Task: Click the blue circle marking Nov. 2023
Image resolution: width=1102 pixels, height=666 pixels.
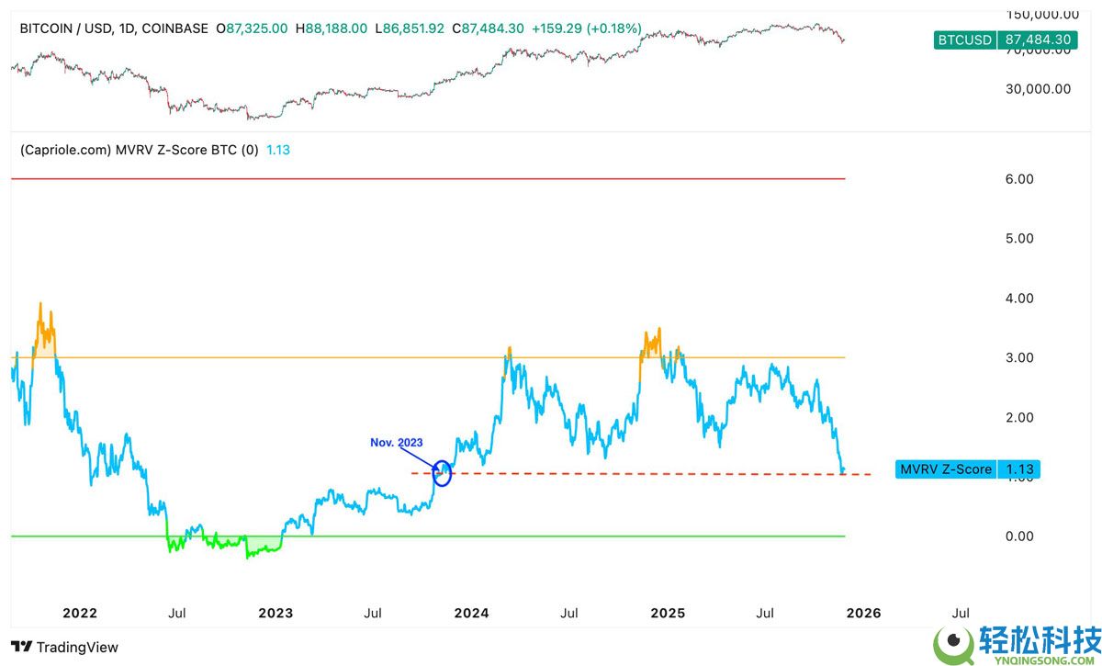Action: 443,472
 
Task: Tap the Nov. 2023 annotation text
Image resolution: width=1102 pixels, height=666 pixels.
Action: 397,443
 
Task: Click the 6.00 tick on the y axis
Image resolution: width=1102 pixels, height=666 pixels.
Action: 1018,179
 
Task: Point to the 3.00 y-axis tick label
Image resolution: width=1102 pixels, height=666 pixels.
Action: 1018,357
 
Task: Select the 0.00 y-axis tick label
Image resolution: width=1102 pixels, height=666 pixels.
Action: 1018,536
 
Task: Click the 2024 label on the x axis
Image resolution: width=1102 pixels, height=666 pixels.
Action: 471,613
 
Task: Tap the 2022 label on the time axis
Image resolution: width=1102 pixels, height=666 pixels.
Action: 80,613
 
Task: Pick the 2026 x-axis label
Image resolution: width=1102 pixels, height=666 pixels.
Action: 863,613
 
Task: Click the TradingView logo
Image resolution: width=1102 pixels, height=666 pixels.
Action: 64,647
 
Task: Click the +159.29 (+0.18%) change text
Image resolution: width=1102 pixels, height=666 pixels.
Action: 587,28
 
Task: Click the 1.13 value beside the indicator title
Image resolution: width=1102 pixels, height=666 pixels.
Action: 278,149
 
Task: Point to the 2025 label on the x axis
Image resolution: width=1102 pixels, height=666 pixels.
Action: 667,613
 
